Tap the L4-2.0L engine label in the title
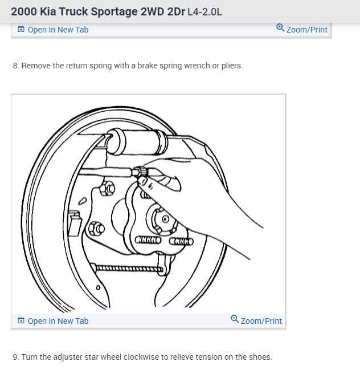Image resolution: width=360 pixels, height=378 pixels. point(201,11)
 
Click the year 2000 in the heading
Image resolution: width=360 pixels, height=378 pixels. point(23,11)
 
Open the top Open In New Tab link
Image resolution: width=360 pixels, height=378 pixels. point(58,30)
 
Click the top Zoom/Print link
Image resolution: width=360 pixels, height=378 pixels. point(306,30)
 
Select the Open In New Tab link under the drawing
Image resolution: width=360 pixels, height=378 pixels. point(58,321)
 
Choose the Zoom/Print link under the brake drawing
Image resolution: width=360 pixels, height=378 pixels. point(261,321)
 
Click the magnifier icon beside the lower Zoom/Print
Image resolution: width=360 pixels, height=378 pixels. point(235,320)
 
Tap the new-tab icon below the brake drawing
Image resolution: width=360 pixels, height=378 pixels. point(21,321)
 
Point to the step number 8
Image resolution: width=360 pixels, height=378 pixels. point(15,66)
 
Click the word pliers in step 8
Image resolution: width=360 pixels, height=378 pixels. point(231,66)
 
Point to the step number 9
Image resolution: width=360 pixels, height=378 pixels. point(15,357)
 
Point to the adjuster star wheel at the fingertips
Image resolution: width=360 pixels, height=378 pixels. point(138,172)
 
